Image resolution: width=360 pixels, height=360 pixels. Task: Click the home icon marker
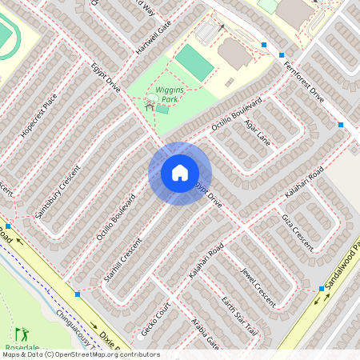click(180, 173)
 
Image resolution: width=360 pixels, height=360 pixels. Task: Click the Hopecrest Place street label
click(39, 115)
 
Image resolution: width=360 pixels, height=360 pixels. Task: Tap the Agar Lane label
click(258, 133)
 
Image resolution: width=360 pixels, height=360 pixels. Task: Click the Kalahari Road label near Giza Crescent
click(303, 184)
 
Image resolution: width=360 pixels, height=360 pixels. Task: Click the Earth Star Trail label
click(239, 316)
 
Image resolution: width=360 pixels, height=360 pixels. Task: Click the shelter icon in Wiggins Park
click(149, 105)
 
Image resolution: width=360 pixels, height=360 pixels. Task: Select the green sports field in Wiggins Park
click(193, 61)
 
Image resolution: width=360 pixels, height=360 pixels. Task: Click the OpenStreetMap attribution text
click(80, 354)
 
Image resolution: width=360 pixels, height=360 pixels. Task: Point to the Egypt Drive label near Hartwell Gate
click(104, 78)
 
